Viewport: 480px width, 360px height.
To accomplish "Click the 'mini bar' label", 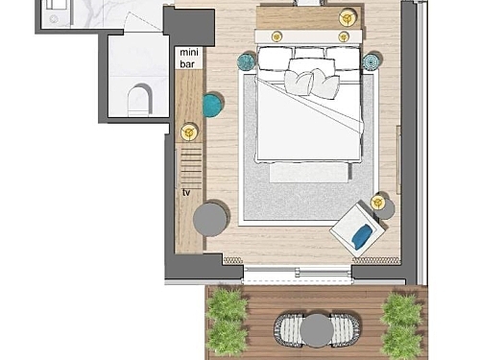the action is (189, 58).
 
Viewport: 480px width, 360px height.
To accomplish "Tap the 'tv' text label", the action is (186, 192).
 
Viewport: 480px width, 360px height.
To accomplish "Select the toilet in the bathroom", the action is (139, 100).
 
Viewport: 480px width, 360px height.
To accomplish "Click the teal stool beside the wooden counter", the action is (213, 105).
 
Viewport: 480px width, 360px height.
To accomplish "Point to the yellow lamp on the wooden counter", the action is (189, 132).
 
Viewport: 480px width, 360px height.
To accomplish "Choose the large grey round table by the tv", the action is (210, 219).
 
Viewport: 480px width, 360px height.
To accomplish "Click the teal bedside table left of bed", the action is (247, 61).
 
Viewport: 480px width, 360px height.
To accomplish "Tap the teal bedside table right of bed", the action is (371, 61).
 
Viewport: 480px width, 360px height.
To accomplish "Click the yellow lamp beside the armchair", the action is (378, 203).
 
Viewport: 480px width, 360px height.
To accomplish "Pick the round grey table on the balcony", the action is (317, 330).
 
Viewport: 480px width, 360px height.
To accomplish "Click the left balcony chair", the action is (288, 330).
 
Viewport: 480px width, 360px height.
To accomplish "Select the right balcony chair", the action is (346, 330).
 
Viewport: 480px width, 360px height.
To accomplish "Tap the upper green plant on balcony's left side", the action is (228, 304).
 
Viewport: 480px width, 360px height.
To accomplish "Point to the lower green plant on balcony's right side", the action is (401, 342).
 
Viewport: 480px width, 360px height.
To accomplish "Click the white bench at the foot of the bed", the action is (308, 173).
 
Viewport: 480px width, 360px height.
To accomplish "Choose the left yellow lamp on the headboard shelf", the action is (276, 36).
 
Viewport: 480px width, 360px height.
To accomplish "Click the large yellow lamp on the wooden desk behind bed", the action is (348, 17).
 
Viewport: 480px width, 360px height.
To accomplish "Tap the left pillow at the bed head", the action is (276, 59).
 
